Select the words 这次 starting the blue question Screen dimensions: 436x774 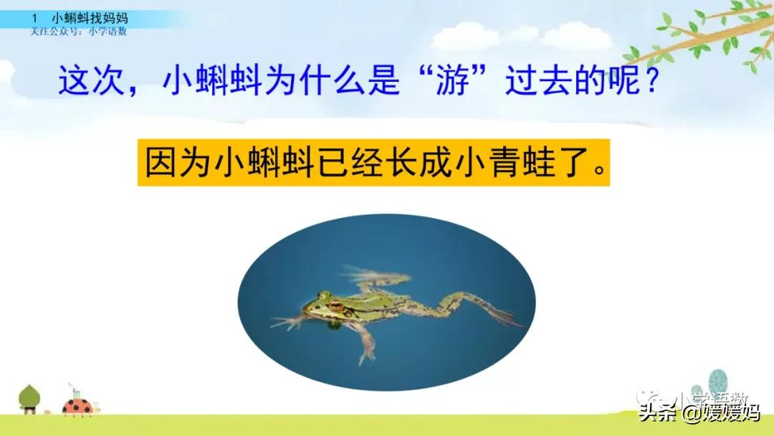coord(92,81)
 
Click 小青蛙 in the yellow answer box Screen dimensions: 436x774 coord(494,162)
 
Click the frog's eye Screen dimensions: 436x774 coord(335,305)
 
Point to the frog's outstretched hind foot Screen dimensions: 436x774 coord(502,314)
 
